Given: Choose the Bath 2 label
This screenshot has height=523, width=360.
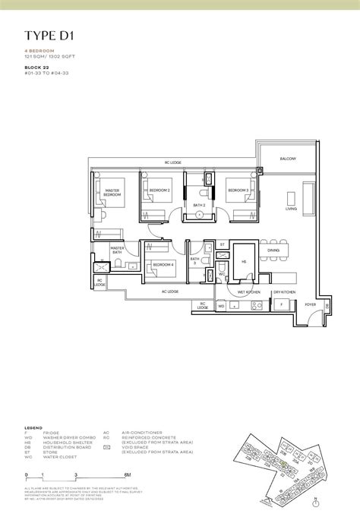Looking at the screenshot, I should pyautogui.click(x=199, y=205).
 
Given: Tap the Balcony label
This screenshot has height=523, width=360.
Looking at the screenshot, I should pyautogui.click(x=286, y=158).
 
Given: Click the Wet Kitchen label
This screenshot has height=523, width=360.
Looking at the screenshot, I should pyautogui.click(x=249, y=291).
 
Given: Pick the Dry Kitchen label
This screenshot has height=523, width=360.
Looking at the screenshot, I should pyautogui.click(x=283, y=291).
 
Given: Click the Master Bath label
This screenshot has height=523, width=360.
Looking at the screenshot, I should pyautogui.click(x=117, y=250).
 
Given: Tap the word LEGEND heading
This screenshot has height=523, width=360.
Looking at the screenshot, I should pyautogui.click(x=33, y=427).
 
